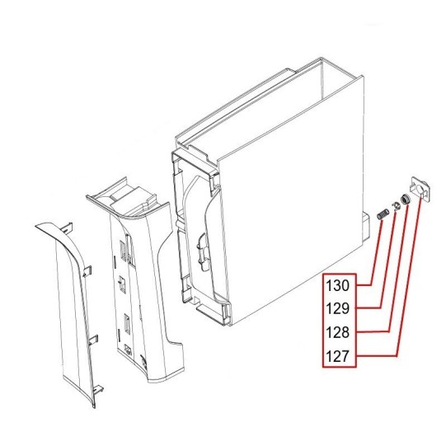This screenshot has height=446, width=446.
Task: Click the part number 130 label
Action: coord(337,285)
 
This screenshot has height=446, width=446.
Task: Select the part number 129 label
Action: coord(337,308)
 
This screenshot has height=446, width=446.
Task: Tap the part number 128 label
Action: coord(337,332)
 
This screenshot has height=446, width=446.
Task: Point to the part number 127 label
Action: coord(337,356)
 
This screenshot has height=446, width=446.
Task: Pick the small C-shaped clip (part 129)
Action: coord(396,206)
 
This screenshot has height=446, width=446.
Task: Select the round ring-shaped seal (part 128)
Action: coord(404,199)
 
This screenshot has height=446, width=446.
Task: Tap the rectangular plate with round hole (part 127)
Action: coord(420,189)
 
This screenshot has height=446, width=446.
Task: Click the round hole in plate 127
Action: coord(419,189)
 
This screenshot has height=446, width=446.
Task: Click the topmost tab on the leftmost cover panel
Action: coord(67,228)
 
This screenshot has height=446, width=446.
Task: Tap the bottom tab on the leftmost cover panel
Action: coord(98,389)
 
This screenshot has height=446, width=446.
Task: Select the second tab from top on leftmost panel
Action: coord(87,270)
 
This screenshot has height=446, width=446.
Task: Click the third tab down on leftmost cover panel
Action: coord(93,340)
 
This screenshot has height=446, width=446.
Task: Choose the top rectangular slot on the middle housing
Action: coord(124,251)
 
